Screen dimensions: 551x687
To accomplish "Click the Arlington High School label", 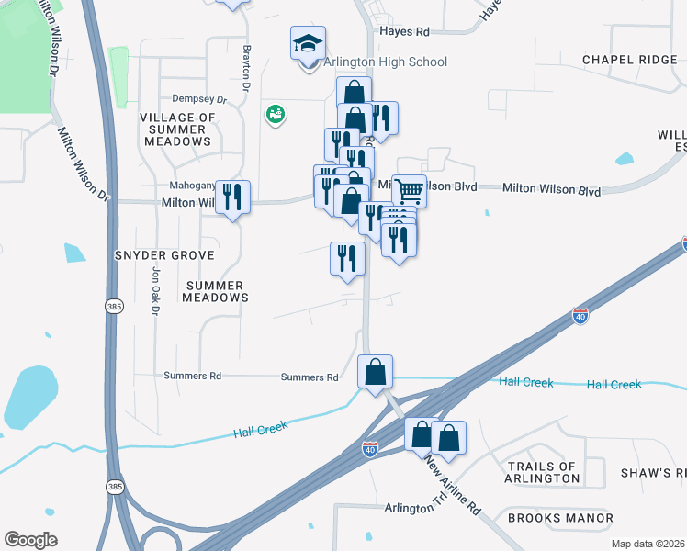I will pyautogui.click(x=385, y=62).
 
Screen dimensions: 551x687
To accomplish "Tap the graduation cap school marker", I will pyautogui.click(x=309, y=43).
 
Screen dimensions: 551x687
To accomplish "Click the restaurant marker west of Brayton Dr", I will pyautogui.click(x=232, y=197).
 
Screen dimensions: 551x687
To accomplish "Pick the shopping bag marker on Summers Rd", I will pyautogui.click(x=375, y=372).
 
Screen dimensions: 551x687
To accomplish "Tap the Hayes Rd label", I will pyautogui.click(x=404, y=31).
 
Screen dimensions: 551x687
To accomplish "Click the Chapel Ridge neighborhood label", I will pyautogui.click(x=629, y=60).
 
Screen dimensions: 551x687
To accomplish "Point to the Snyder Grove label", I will pyautogui.click(x=164, y=254).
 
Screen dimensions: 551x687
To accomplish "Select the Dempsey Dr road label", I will pyautogui.click(x=198, y=98).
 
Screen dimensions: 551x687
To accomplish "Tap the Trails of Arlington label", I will pyautogui.click(x=544, y=472).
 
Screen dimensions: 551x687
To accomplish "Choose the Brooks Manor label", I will pyautogui.click(x=560, y=518).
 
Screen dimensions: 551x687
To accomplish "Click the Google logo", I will pyautogui.click(x=30, y=540).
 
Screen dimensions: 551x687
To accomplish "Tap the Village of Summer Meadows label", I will pyautogui.click(x=176, y=129).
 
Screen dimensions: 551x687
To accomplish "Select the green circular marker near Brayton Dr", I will pyautogui.click(x=274, y=114).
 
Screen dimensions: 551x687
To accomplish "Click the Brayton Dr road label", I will pyautogui.click(x=246, y=69).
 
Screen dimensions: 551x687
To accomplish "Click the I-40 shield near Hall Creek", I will pyautogui.click(x=580, y=316).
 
